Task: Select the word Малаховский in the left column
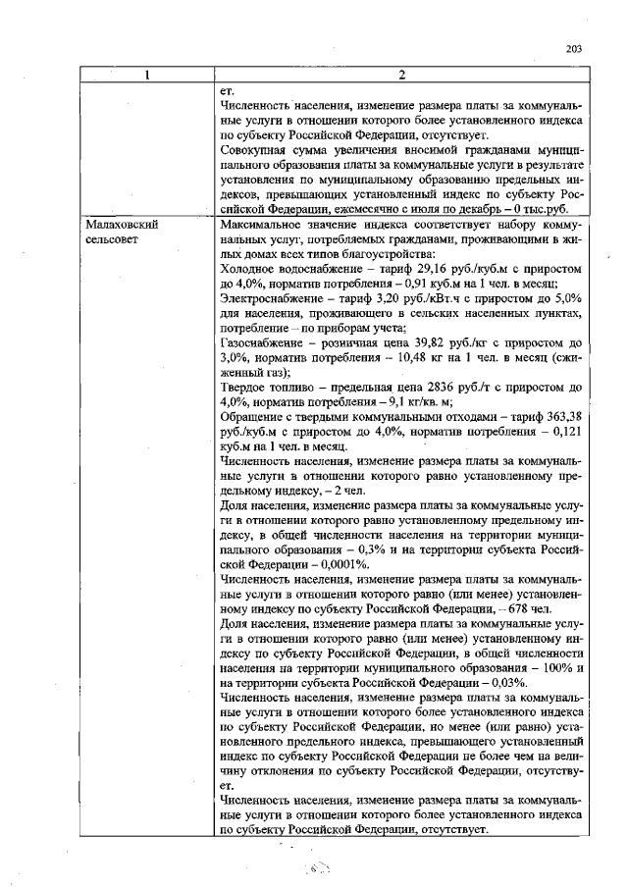click(x=123, y=224)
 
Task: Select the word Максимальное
click(x=263, y=224)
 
